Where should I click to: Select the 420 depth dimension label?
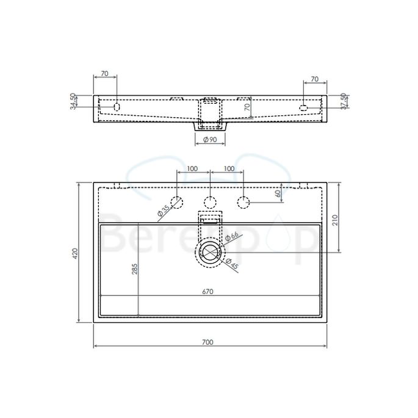point(75,252)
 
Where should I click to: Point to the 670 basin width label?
point(207,291)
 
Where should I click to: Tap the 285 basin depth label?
point(135,269)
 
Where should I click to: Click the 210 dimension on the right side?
point(334,220)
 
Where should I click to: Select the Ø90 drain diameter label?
point(209,140)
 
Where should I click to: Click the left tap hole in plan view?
point(177,202)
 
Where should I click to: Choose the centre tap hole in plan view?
point(210,202)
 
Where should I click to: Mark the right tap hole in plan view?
point(243,202)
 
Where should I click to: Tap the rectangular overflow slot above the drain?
point(210,218)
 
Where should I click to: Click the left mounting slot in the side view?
point(117,107)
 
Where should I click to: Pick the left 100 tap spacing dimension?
point(193,168)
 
